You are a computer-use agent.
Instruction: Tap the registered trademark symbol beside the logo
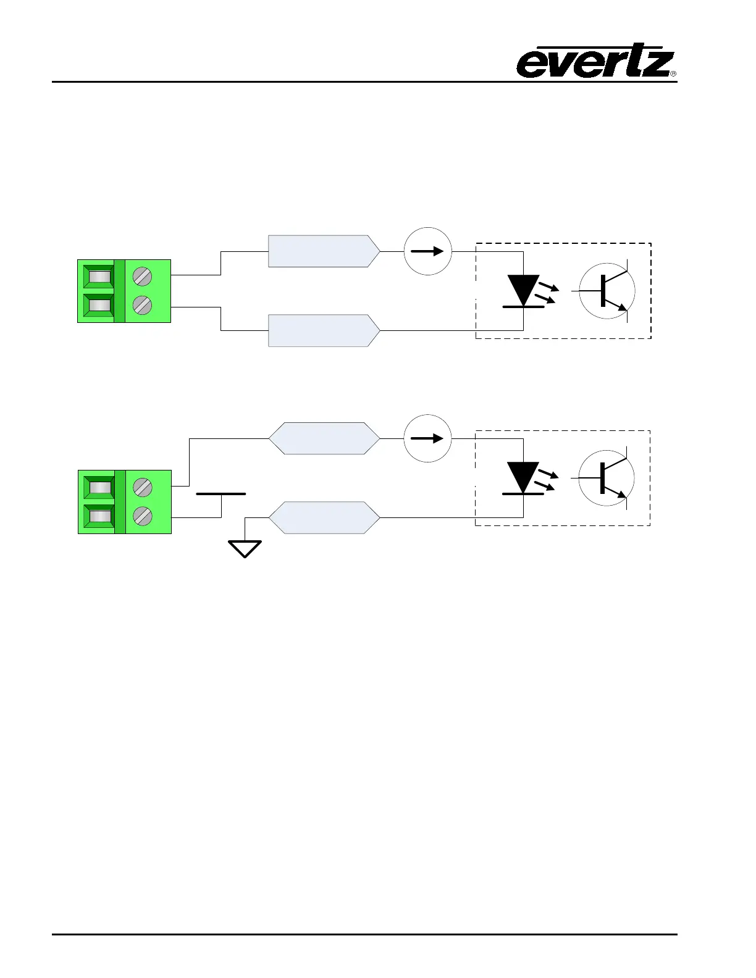[x=673, y=74]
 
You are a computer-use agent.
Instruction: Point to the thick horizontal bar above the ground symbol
[x=220, y=494]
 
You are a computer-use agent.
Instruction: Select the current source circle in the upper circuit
[x=427, y=251]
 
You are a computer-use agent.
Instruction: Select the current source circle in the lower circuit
[x=427, y=438]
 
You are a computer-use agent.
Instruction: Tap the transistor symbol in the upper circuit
[x=607, y=291]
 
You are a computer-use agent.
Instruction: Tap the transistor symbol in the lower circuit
[x=607, y=478]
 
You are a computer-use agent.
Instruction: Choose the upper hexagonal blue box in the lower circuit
[x=324, y=438]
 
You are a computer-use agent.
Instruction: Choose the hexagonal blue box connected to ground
[x=324, y=517]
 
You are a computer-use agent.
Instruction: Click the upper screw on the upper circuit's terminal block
[x=143, y=276]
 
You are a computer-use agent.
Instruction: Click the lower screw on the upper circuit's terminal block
[x=143, y=305]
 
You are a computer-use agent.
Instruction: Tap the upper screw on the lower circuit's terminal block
[x=143, y=487]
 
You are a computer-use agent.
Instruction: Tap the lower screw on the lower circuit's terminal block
[x=143, y=516]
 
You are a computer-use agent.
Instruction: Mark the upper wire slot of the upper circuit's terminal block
[x=99, y=276]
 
